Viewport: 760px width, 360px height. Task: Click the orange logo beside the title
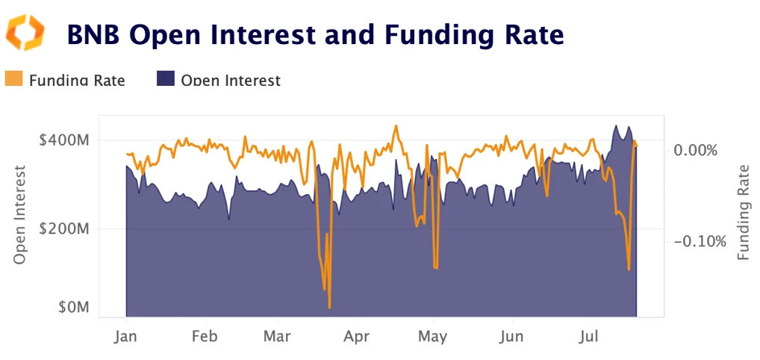click(x=25, y=33)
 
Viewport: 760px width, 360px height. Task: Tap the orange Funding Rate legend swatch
click(x=14, y=79)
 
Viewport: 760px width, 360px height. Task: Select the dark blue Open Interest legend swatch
click(x=165, y=79)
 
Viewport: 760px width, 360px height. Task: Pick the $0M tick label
click(x=74, y=308)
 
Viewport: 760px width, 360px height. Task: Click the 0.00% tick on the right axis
click(x=695, y=150)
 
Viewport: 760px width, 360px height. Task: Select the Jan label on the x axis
click(x=125, y=336)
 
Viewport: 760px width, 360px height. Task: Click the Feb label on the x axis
click(x=205, y=336)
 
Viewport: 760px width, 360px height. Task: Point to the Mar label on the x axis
click(x=277, y=336)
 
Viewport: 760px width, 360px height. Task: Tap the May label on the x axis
click(x=432, y=336)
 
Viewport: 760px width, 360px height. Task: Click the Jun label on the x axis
click(x=512, y=336)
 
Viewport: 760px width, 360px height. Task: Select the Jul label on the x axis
click(x=589, y=336)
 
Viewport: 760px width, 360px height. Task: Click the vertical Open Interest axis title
click(x=21, y=214)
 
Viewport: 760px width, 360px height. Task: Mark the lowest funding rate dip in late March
click(x=329, y=306)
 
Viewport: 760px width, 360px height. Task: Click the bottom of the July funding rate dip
click(x=629, y=269)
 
